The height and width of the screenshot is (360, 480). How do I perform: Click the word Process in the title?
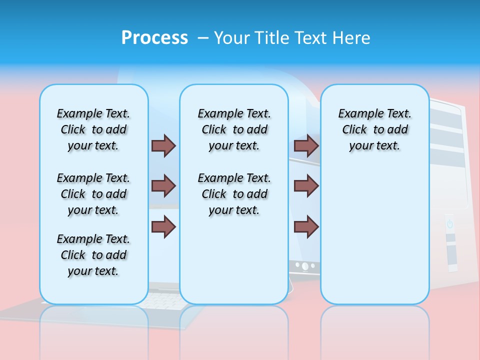[154, 38]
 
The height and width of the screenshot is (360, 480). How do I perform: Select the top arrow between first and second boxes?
[163, 145]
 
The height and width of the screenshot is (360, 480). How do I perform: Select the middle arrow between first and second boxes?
[163, 186]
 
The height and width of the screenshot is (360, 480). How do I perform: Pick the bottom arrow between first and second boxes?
[163, 226]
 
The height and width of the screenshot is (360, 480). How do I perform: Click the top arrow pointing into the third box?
[306, 145]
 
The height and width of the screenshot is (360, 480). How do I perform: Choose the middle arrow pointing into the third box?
[306, 186]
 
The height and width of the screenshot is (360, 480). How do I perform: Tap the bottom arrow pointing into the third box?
[306, 226]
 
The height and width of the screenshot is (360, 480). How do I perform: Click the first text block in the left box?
[93, 129]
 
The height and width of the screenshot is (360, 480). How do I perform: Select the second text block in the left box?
[93, 194]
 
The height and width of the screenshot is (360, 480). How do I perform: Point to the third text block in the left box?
[93, 255]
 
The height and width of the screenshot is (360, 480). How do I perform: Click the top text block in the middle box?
[234, 129]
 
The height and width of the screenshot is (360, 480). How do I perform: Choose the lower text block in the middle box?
[234, 194]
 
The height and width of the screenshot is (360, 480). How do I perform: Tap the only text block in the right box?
[374, 129]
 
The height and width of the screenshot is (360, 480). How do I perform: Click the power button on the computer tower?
[449, 223]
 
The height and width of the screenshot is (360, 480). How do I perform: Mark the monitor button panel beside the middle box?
[304, 266]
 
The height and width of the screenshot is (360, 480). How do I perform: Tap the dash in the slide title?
[203, 38]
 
